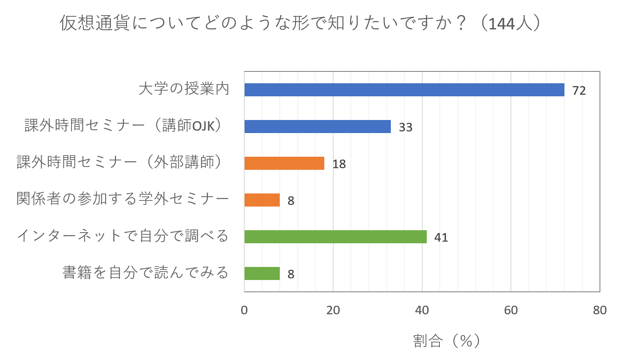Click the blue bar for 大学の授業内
(x=404, y=90)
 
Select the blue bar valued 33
(x=317, y=127)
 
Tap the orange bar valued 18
(x=284, y=163)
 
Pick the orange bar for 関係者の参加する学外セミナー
(x=262, y=200)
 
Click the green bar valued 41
(x=335, y=237)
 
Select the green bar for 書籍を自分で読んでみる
(x=262, y=273)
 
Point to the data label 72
(x=579, y=91)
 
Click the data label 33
(x=405, y=127)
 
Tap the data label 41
(x=441, y=238)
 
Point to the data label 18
(x=339, y=164)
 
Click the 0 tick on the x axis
(x=244, y=310)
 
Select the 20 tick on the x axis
(x=333, y=310)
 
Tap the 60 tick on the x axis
(x=511, y=310)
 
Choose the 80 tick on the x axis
(x=600, y=310)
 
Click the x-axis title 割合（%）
(x=446, y=340)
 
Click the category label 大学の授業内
(x=184, y=89)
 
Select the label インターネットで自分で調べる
(x=123, y=236)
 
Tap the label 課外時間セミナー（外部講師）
(x=120, y=162)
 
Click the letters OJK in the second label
(x=203, y=126)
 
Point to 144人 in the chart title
(x=511, y=23)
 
